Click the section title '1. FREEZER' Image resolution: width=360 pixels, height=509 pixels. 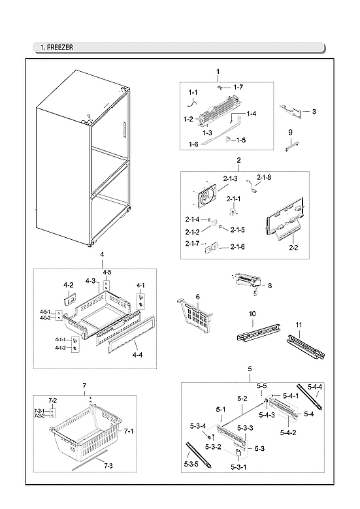coord(56,48)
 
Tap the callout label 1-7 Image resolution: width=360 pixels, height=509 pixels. coord(238,87)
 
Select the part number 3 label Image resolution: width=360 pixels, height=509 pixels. coord(314,112)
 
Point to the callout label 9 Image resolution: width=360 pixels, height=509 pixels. coord(290,133)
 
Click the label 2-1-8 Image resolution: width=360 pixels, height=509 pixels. coord(264,177)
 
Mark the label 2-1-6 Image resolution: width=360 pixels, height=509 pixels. coord(237,246)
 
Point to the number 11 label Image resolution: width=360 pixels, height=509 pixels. coord(299,325)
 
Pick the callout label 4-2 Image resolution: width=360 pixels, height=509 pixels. coord(68,286)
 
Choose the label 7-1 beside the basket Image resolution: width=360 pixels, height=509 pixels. coord(129,432)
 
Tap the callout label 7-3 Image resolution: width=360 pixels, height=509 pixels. coord(108,465)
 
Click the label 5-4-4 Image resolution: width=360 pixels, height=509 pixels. coord(315,387)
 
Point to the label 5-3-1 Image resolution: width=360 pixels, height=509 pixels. coord(238,468)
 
